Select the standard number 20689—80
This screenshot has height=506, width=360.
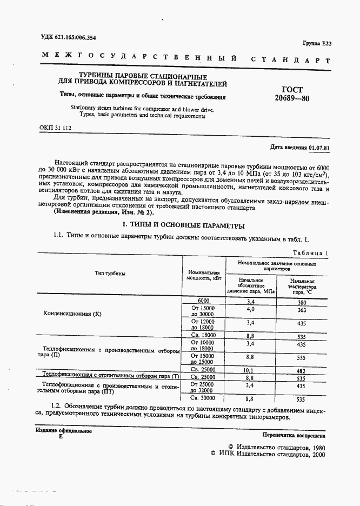coord(292,99)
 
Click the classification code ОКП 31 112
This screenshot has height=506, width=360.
coord(55,128)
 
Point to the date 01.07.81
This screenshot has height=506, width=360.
coord(319,147)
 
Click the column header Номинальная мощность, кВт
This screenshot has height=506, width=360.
coord(203,276)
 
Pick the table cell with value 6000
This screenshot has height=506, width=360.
coord(203,301)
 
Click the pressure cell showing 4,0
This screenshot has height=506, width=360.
coord(250,310)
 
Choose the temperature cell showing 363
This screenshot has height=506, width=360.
coord(302,310)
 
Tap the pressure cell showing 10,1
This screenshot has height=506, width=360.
coord(250,371)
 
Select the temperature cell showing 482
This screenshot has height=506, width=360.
coord(302,371)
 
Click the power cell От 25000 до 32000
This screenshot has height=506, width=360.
coord(203,387)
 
